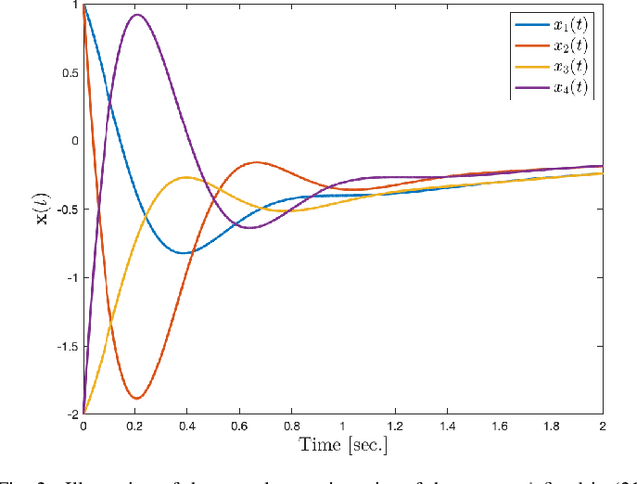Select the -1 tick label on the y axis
[x=69, y=277]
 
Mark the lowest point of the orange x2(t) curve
[x=136, y=398]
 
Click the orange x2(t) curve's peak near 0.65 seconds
[x=257, y=162]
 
